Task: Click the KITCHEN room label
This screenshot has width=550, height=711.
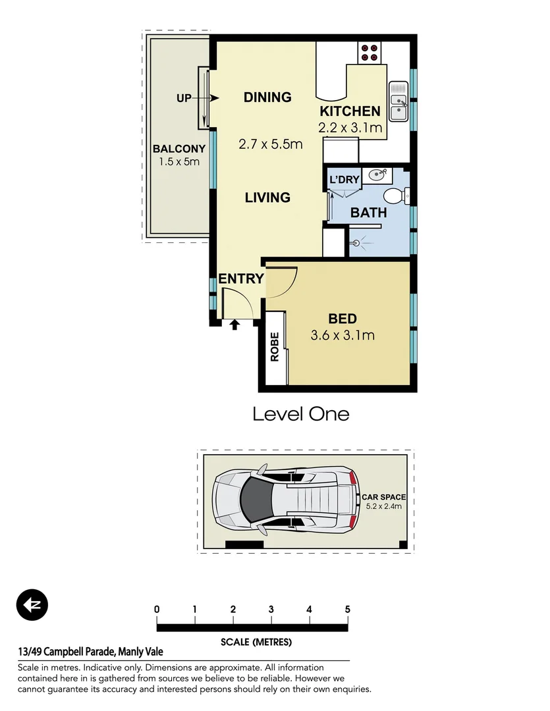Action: pyautogui.click(x=350, y=111)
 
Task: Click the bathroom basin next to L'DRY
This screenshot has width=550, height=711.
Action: pyautogui.click(x=377, y=175)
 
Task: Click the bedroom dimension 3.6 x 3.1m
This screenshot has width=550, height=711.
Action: pyautogui.click(x=343, y=335)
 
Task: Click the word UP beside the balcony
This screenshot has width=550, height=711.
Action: pyautogui.click(x=184, y=98)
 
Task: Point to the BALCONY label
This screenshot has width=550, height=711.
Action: pyautogui.click(x=179, y=149)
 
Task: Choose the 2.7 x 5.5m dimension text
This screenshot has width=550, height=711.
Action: pyautogui.click(x=270, y=144)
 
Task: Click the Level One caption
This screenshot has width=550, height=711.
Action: pyautogui.click(x=301, y=414)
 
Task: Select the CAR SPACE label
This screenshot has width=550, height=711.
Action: pyautogui.click(x=383, y=497)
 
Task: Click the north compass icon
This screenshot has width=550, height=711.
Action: pyautogui.click(x=32, y=605)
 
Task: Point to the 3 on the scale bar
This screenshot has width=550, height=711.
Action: pyautogui.click(x=271, y=609)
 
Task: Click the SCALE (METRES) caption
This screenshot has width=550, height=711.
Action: pyautogui.click(x=256, y=642)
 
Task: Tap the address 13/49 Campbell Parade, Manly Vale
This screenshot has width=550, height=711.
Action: pyautogui.click(x=90, y=652)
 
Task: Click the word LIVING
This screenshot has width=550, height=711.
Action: pyautogui.click(x=267, y=197)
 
